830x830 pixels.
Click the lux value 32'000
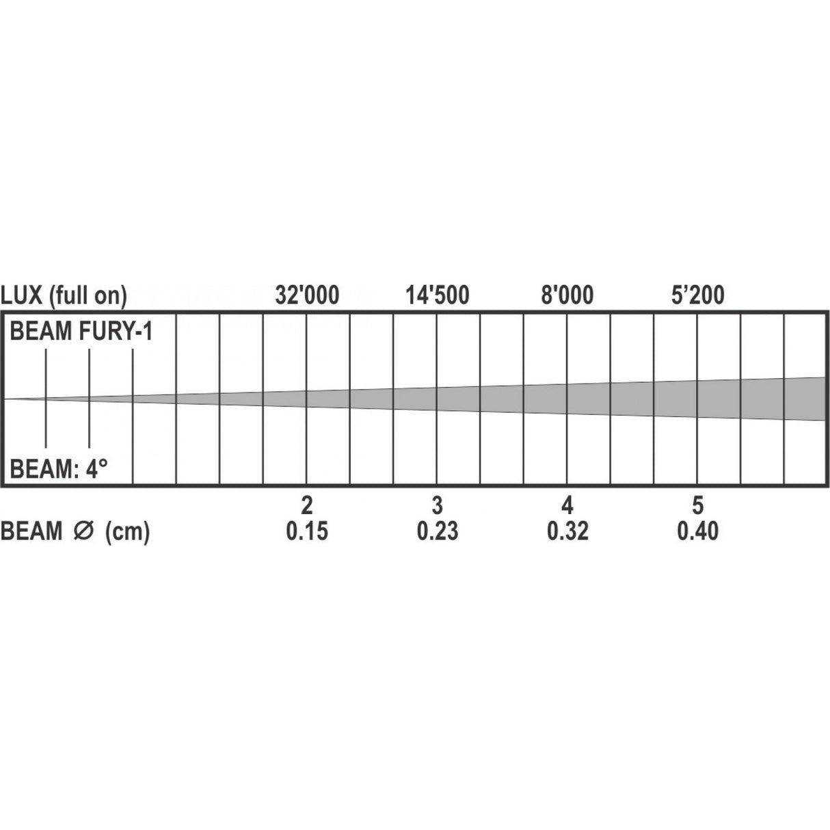pyautogui.click(x=307, y=295)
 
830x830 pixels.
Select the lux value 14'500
pyautogui.click(x=438, y=295)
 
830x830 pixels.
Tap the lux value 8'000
pyautogui.click(x=567, y=295)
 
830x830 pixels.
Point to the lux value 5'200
pyautogui.click(x=697, y=295)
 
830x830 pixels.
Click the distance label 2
pyautogui.click(x=307, y=506)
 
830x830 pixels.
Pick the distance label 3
pyautogui.click(x=438, y=506)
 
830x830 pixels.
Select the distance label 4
pyautogui.click(x=567, y=506)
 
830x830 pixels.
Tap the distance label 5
pyautogui.click(x=697, y=506)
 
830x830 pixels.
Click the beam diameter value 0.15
pyautogui.click(x=307, y=531)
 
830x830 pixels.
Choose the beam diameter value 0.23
pyautogui.click(x=438, y=531)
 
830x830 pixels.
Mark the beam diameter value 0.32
pyautogui.click(x=567, y=531)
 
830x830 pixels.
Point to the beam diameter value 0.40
pyautogui.click(x=697, y=531)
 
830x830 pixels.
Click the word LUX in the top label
pyautogui.click(x=23, y=295)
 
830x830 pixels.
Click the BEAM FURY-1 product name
pyautogui.click(x=81, y=333)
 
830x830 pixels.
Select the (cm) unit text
pyautogui.click(x=127, y=532)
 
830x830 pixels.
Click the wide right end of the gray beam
pyautogui.click(x=810, y=398)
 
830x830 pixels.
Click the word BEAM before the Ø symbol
pyautogui.click(x=32, y=532)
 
